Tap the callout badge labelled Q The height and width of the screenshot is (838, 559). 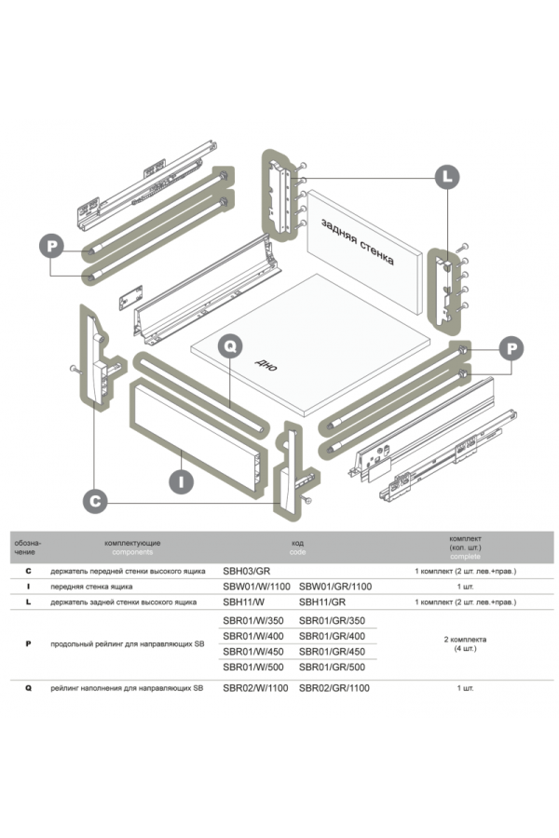pyautogui.click(x=231, y=346)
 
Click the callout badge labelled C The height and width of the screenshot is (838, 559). pyautogui.click(x=94, y=500)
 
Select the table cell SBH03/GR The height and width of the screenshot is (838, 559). pyautogui.click(x=247, y=570)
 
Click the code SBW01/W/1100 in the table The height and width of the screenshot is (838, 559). pyautogui.click(x=257, y=587)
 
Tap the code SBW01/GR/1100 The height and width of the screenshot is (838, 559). pyautogui.click(x=335, y=587)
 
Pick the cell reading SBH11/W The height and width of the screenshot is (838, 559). pyautogui.click(x=245, y=602)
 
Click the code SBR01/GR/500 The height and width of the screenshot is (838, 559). pyautogui.click(x=332, y=667)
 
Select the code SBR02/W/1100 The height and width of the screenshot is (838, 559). pyautogui.click(x=257, y=688)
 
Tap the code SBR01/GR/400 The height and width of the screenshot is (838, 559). pyautogui.click(x=332, y=635)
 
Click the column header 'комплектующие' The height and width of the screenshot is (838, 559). pyautogui.click(x=132, y=541)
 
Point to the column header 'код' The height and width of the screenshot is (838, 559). pyautogui.click(x=297, y=541)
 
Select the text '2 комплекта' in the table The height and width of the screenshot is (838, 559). pyautogui.click(x=465, y=640)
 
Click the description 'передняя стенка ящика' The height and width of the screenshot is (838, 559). pyautogui.click(x=91, y=587)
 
